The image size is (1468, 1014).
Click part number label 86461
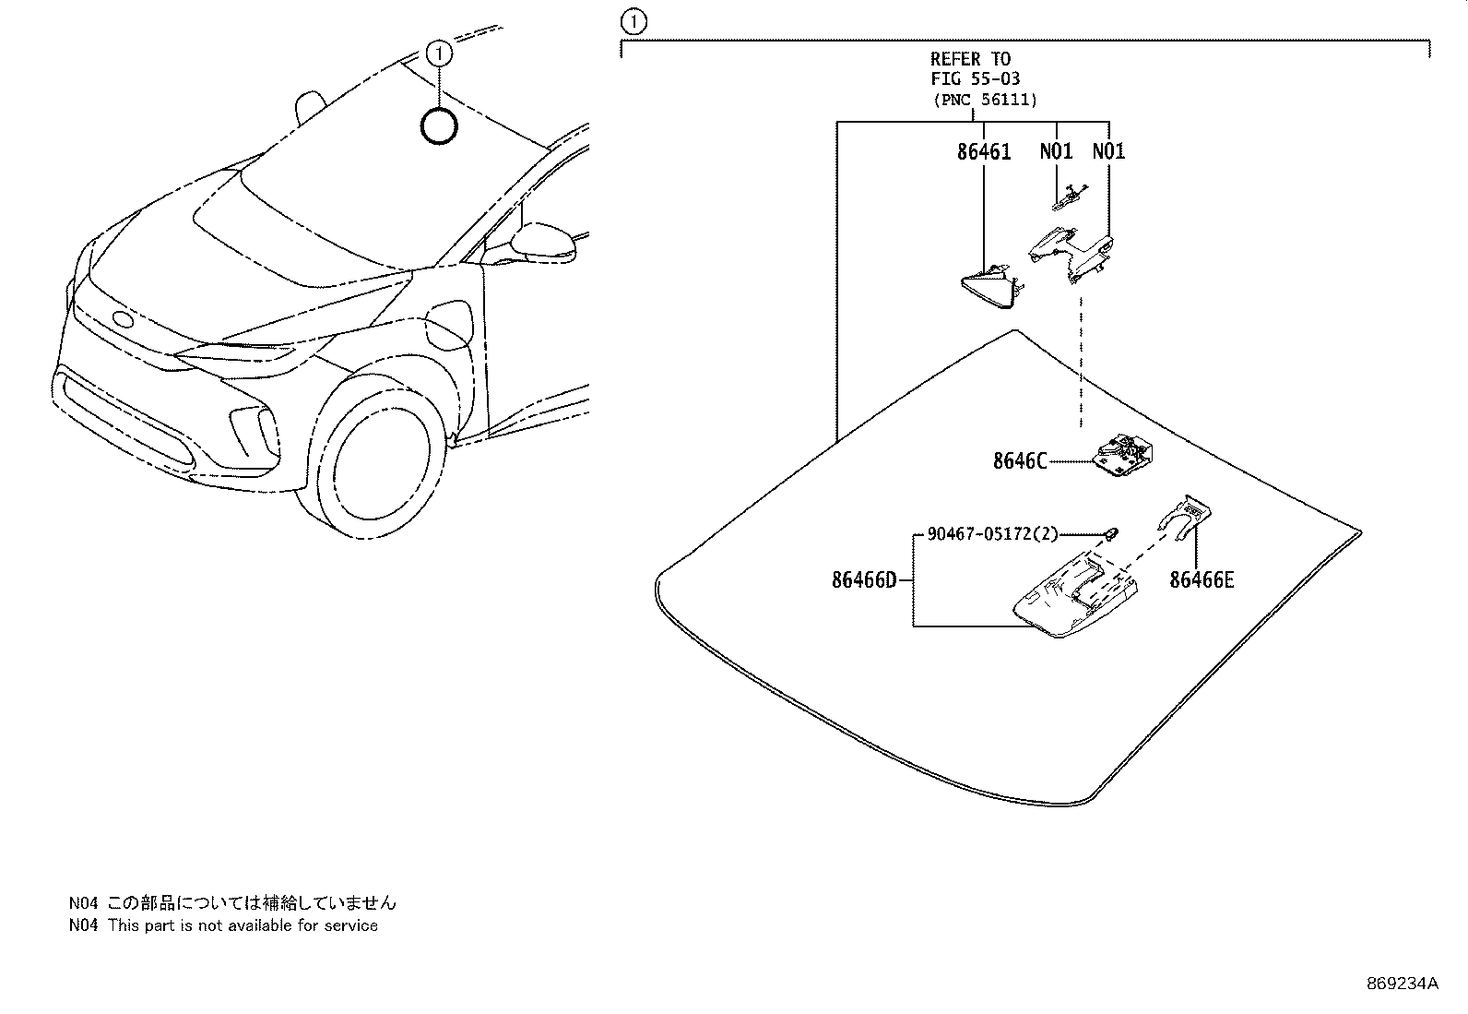[x=983, y=152]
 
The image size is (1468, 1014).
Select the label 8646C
[x=1020, y=461]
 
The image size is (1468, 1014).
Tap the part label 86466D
[x=864, y=580]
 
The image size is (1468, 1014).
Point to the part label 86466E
[x=1202, y=580]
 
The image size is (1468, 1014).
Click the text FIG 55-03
[x=975, y=79]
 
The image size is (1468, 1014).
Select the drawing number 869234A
[x=1402, y=983]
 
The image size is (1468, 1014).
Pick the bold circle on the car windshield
[x=439, y=126]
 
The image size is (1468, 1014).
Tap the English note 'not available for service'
[x=242, y=925]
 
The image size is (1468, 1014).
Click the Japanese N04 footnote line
[x=232, y=903]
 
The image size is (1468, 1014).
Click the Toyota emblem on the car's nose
[x=123, y=319]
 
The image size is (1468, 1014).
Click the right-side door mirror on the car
[x=543, y=242]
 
